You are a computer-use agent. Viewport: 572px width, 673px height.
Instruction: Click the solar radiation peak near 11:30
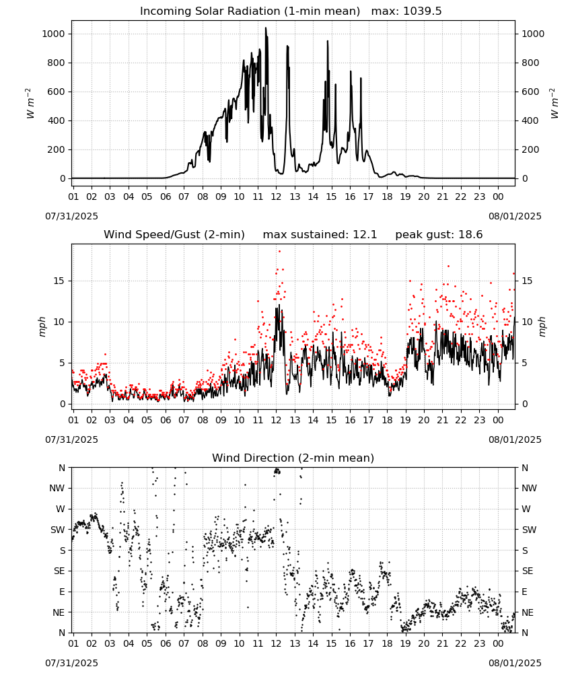pos(266,28)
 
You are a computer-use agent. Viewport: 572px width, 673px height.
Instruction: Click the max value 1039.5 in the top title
pos(423,11)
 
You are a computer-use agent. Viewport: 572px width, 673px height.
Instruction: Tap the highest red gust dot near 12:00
pos(279,252)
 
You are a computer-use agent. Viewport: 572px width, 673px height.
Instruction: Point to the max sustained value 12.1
pos(365,235)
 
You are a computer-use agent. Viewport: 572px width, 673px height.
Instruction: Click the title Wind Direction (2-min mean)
pos(293,458)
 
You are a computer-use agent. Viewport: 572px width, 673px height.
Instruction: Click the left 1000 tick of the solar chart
pos(53,34)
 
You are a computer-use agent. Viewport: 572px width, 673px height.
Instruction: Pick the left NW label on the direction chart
pos(57,489)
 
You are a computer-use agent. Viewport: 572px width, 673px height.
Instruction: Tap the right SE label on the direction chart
pos(528,571)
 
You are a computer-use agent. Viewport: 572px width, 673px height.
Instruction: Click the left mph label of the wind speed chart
pos(42,326)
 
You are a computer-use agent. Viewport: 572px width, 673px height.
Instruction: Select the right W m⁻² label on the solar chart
pos(554,104)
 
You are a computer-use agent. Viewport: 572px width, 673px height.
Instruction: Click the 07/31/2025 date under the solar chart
pos(71,216)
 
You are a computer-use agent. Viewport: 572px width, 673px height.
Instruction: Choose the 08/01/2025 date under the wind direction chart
pos(515,663)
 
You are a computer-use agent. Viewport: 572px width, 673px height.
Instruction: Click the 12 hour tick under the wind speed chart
pos(276,420)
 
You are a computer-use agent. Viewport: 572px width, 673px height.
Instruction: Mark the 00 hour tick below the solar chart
pos(498,197)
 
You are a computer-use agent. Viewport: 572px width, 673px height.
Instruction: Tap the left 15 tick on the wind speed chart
pos(59,281)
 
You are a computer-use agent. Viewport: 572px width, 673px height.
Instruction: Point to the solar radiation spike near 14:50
pos(328,42)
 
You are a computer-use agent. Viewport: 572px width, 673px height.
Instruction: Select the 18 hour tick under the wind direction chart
pos(387,644)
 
